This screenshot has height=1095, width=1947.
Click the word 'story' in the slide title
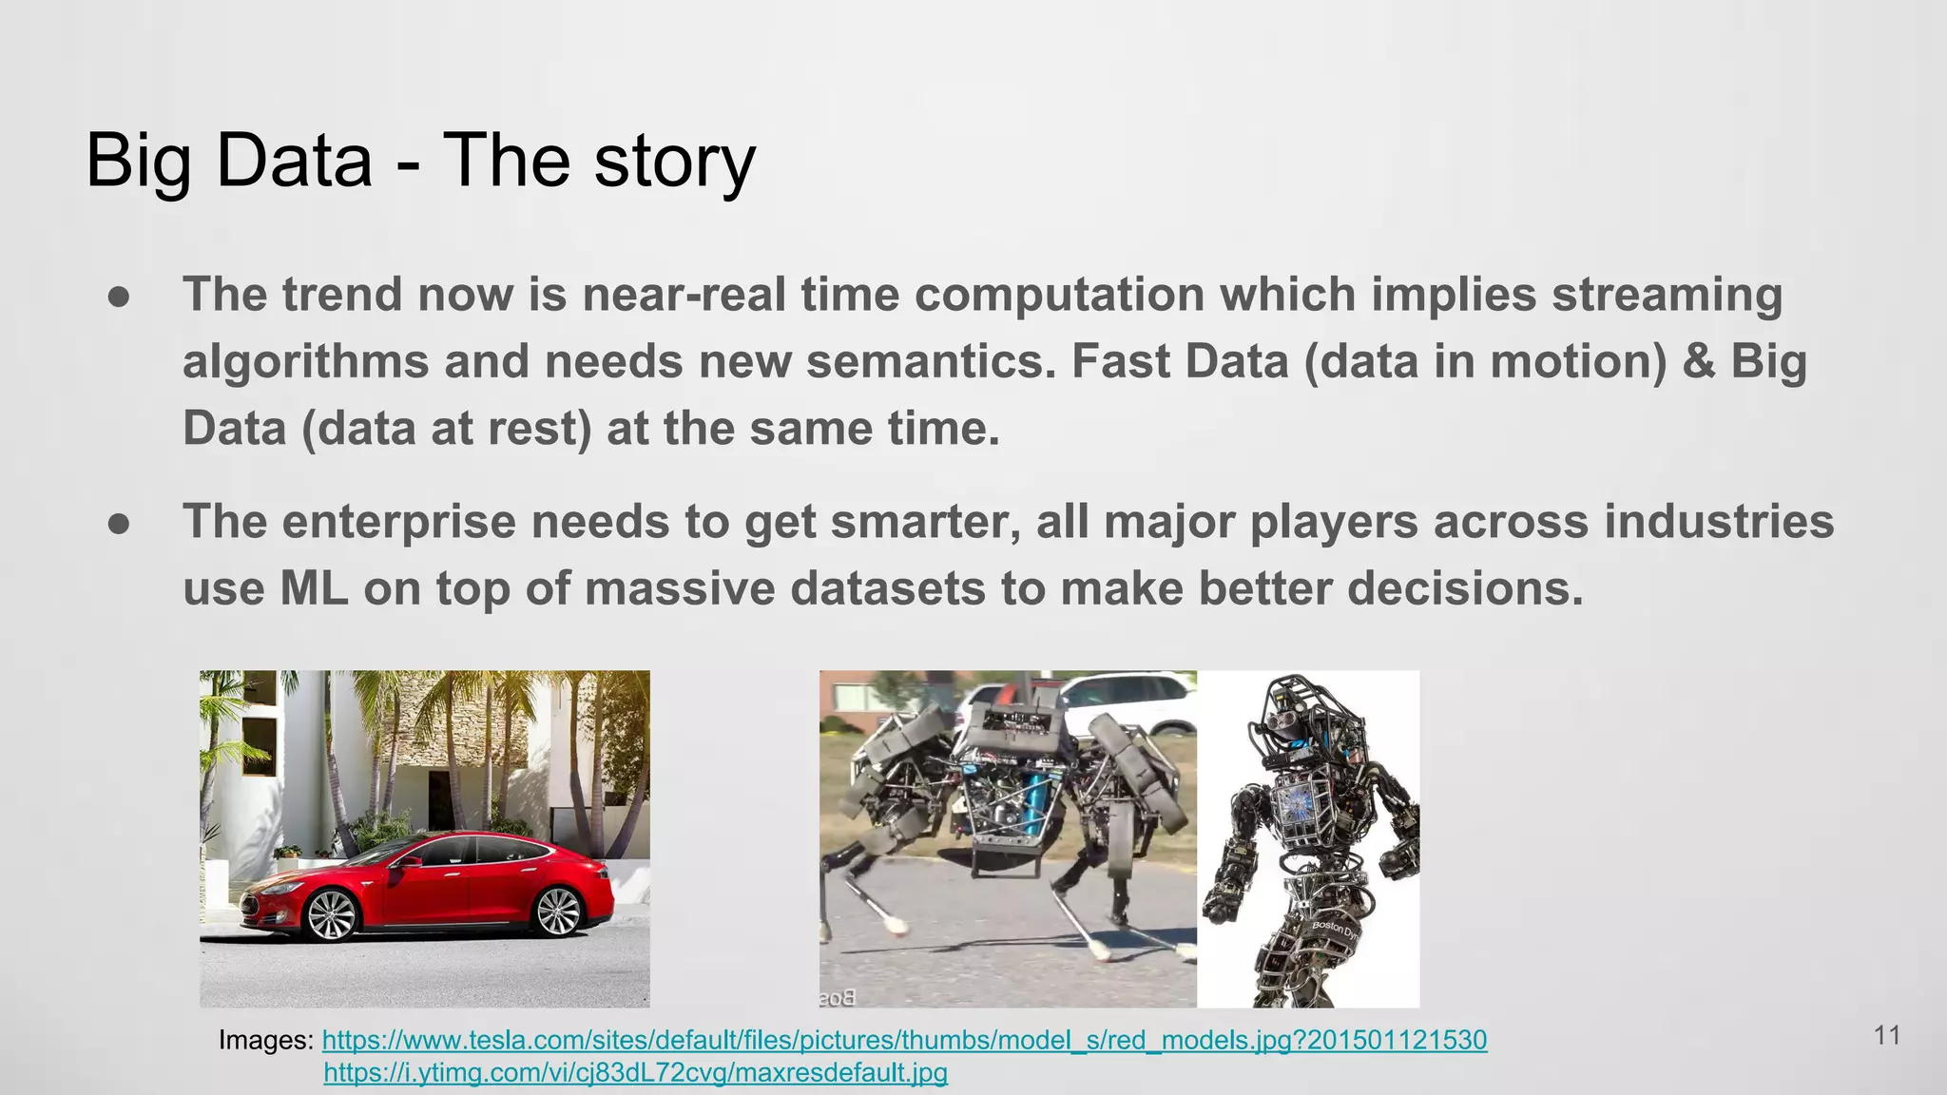675,162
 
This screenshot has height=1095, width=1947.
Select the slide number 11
1887,1035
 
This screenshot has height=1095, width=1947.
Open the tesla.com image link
904,1040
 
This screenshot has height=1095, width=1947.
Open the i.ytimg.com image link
635,1073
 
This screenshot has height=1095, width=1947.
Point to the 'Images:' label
265,1040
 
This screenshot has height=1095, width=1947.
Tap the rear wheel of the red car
559,911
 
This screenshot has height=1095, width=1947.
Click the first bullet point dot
119,297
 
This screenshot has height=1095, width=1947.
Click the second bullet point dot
119,524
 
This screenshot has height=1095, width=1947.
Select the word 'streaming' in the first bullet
1667,295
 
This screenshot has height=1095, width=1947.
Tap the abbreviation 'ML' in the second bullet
314,588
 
